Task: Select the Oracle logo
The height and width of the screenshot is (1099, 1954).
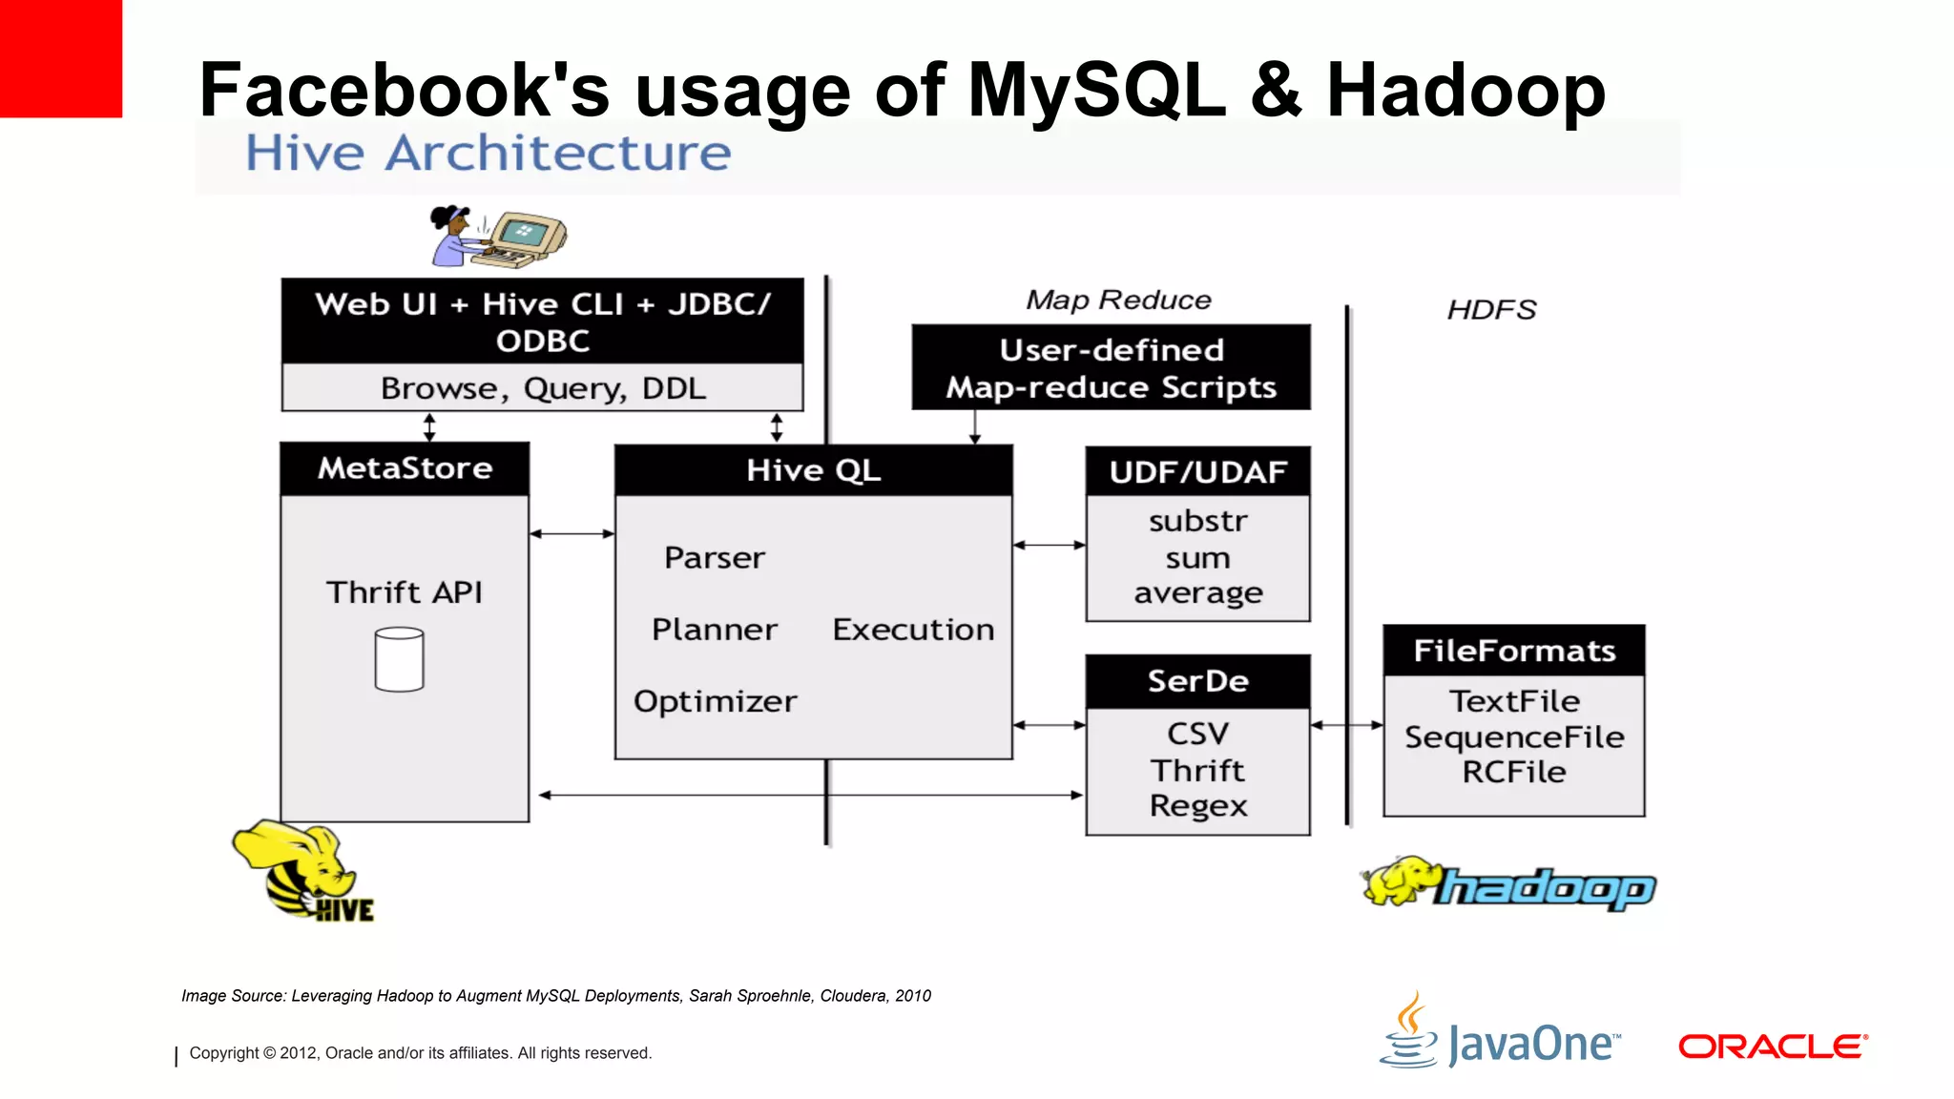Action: [x=1772, y=1047]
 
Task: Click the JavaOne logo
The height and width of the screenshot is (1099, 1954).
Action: [x=1501, y=1034]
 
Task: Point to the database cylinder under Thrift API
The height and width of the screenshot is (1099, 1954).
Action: [x=399, y=659]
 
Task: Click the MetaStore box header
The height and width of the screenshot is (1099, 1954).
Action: [x=405, y=468]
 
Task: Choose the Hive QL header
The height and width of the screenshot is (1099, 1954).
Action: [x=813, y=470]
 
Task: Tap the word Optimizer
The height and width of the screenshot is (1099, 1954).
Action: [x=715, y=701]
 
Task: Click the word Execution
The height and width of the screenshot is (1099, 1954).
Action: [x=913, y=630]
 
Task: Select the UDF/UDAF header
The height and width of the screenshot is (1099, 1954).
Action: [x=1197, y=472]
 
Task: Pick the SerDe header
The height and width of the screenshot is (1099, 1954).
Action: [x=1197, y=681]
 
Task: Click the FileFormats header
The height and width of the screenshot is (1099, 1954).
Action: [x=1514, y=651]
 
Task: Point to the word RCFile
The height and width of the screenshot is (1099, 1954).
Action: [x=1514, y=772]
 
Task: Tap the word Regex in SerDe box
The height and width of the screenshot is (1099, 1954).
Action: [x=1198, y=806]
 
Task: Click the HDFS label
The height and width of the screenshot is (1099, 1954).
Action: [x=1491, y=310]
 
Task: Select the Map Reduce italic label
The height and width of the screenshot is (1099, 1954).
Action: [x=1118, y=301]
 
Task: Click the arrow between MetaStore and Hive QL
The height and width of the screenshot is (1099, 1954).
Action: [x=572, y=534]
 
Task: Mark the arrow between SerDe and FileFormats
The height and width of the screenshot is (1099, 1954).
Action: [x=1346, y=725]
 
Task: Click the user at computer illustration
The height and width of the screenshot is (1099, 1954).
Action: [x=497, y=237]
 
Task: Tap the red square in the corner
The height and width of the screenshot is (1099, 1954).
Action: [x=60, y=58]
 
